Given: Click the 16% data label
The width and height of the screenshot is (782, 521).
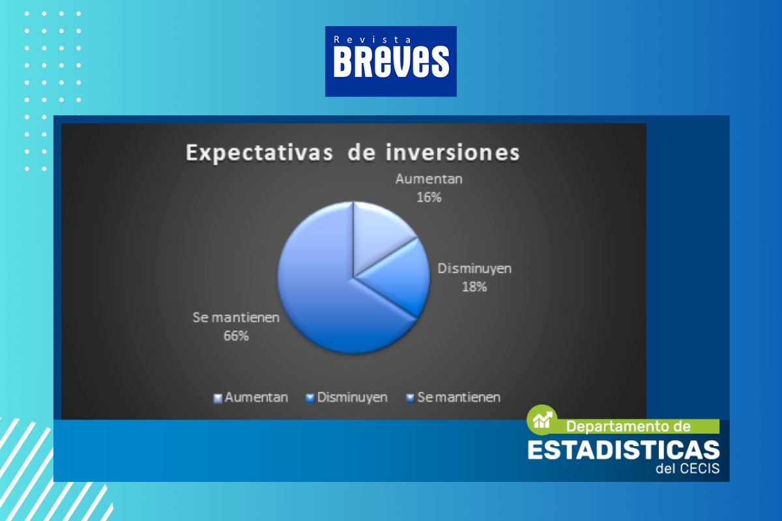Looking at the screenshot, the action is (x=429, y=197).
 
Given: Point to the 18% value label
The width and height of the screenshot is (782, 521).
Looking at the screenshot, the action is (x=474, y=287).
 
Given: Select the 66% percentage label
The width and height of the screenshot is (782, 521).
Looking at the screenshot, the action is (x=236, y=336).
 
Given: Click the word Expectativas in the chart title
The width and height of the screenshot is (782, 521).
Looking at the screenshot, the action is (x=259, y=153).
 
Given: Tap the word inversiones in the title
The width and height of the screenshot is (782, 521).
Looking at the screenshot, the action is (x=453, y=153).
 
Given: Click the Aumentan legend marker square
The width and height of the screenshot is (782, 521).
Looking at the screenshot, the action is (x=218, y=399).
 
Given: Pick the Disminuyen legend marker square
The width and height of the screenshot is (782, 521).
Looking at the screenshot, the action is (x=310, y=399).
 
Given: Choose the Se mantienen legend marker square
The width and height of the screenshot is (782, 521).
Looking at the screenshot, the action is (x=411, y=399).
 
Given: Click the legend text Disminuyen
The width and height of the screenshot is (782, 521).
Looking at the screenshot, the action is (x=353, y=397).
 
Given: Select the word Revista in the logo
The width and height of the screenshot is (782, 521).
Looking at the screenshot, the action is (x=372, y=40).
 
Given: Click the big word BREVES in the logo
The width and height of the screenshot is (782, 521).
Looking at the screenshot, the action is (x=391, y=62).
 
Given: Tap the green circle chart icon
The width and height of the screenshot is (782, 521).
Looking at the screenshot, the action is (x=542, y=420).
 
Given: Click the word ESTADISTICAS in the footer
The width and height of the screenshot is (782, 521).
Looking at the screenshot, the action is (x=624, y=450).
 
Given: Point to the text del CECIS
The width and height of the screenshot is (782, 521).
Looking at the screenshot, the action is (x=688, y=468).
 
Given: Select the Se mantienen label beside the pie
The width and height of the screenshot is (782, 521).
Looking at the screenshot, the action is (x=236, y=318).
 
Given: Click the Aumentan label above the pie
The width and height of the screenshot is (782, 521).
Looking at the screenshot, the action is (x=429, y=179).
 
